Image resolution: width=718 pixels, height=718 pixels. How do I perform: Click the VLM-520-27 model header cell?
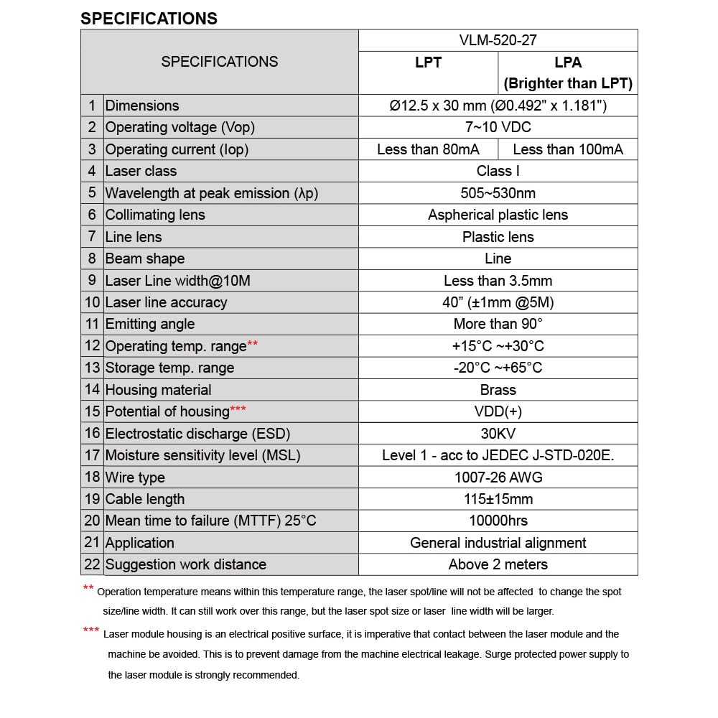pyautogui.click(x=498, y=41)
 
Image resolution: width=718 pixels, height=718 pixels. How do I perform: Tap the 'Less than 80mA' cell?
pyautogui.click(x=428, y=149)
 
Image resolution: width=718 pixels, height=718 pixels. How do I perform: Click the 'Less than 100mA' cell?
pyautogui.click(x=568, y=149)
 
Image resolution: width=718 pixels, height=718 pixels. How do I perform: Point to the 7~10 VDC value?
pyautogui.click(x=498, y=127)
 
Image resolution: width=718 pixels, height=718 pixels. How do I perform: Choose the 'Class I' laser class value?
pyautogui.click(x=498, y=171)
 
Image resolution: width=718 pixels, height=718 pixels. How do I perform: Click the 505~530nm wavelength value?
pyautogui.click(x=498, y=193)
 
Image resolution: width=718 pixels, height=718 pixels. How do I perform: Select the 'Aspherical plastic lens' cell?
pyautogui.click(x=498, y=215)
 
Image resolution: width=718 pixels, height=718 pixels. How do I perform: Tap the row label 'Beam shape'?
pyautogui.click(x=145, y=258)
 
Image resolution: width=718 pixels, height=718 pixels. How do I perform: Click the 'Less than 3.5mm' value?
pyautogui.click(x=498, y=281)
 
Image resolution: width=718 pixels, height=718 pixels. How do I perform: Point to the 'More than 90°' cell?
pyautogui.click(x=498, y=324)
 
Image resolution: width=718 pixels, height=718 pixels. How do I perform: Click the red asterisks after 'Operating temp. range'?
pyautogui.click(x=253, y=345)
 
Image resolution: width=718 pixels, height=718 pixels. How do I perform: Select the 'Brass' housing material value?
pyautogui.click(x=498, y=390)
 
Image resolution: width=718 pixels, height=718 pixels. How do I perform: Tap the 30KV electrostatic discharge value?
pyautogui.click(x=498, y=434)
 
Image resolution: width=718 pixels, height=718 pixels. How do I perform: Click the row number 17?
pyautogui.click(x=92, y=455)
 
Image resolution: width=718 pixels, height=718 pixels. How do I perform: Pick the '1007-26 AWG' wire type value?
pyautogui.click(x=498, y=477)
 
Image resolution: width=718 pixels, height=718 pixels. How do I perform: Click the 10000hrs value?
pyautogui.click(x=498, y=521)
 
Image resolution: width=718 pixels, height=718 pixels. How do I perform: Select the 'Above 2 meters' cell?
pyautogui.click(x=498, y=564)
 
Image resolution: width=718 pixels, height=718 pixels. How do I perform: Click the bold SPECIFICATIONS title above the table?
pyautogui.click(x=149, y=19)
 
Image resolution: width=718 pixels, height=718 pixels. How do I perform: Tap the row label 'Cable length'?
pyautogui.click(x=145, y=499)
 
